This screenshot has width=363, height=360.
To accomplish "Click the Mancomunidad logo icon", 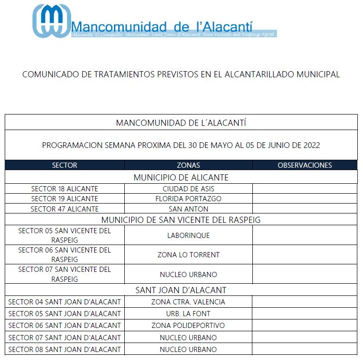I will (x=50, y=21).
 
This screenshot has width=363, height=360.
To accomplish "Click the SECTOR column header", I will (x=65, y=165).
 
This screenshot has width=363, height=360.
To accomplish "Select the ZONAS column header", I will (x=188, y=165).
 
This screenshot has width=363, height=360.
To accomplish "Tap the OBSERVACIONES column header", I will (x=305, y=165).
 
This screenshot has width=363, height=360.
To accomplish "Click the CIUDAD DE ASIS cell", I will (x=188, y=189).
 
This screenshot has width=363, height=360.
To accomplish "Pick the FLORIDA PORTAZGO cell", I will (x=188, y=199).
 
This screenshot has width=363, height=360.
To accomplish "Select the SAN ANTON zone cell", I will (x=188, y=209).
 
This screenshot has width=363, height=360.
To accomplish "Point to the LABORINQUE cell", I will (x=188, y=235).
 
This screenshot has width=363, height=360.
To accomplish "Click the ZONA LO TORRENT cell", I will (x=188, y=255).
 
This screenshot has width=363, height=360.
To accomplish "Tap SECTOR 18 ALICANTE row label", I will (x=65, y=189).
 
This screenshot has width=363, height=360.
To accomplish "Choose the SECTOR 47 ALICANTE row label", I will (x=65, y=209).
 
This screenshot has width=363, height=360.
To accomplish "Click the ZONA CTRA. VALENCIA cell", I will (x=188, y=302).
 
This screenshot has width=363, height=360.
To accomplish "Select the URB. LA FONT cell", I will (x=188, y=314).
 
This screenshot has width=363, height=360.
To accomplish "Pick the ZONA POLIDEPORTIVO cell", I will (x=188, y=326).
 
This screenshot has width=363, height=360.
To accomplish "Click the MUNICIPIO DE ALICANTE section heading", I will (x=181, y=178).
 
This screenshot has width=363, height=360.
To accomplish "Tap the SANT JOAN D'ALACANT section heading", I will (x=181, y=290).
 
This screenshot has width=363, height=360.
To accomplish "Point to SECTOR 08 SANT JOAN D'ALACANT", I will (x=65, y=350).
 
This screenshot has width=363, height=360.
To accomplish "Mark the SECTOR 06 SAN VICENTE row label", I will (x=65, y=255).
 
